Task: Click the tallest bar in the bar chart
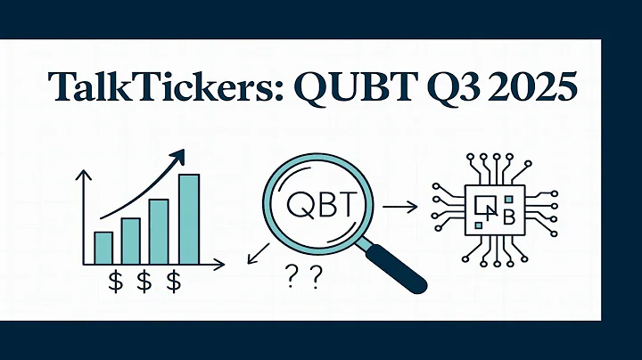click(x=189, y=219)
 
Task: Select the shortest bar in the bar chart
click(x=103, y=248)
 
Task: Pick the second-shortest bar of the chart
click(x=131, y=241)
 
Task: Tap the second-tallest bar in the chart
click(x=159, y=231)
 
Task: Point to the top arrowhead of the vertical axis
click(x=84, y=176)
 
